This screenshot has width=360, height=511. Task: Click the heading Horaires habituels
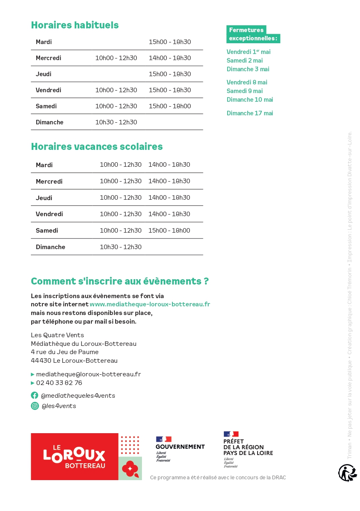[74, 25]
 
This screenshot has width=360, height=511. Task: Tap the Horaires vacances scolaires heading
[97, 147]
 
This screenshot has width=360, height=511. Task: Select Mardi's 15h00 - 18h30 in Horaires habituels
[170, 42]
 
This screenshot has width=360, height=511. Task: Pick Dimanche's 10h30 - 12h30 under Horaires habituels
[116, 122]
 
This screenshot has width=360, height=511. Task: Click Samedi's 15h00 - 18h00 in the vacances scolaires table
[169, 231]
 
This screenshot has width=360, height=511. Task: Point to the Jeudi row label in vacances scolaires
[44, 198]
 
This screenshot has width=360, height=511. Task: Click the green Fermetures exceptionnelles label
[253, 34]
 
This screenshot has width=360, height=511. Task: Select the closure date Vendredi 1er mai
[248, 52]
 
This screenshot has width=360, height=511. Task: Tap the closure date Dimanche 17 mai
[249, 113]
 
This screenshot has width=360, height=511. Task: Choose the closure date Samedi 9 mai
[244, 91]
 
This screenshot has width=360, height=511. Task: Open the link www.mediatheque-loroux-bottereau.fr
[150, 304]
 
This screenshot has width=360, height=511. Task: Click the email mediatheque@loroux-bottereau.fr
[88, 374]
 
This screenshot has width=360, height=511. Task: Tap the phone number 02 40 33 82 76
[59, 383]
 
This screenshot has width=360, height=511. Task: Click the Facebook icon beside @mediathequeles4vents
[35, 395]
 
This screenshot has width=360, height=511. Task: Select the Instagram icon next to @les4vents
[35, 406]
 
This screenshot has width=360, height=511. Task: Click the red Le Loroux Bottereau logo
[74, 456]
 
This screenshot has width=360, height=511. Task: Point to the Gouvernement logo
[180, 449]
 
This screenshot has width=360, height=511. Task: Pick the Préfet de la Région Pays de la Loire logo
[248, 449]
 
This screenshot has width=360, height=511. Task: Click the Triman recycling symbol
[347, 473]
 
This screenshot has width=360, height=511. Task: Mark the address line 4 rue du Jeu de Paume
[65, 352]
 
